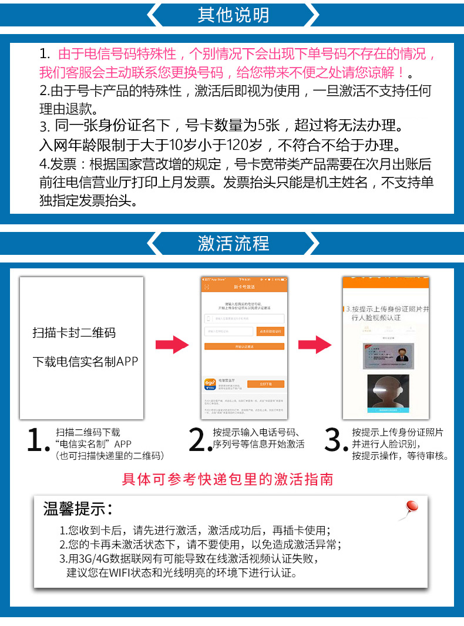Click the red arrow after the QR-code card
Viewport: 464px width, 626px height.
[172, 345]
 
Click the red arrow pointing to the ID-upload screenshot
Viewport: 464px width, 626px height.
[315, 345]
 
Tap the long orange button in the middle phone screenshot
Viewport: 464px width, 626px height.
[244, 346]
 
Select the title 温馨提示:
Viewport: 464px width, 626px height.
[78, 509]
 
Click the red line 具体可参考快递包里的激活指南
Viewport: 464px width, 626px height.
[227, 480]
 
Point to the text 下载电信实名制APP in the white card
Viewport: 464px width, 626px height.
[85, 362]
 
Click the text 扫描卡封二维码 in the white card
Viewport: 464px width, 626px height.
[74, 333]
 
